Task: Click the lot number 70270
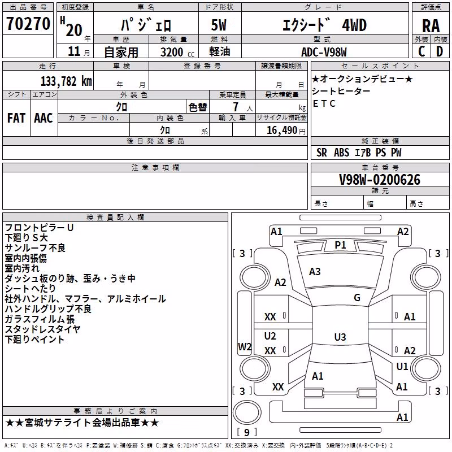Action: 28,24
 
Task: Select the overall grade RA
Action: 431,26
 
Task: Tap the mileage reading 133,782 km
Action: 66,81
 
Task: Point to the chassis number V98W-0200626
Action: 380,180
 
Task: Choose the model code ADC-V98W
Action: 324,52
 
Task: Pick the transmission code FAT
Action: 16,118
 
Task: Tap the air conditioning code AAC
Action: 44,118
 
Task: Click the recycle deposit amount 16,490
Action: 281,131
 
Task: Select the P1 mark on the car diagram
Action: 340,245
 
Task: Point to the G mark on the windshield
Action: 357,297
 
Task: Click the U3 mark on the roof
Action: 340,337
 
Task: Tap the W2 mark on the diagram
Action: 245,346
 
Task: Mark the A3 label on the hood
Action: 315,272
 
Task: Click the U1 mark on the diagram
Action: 402,366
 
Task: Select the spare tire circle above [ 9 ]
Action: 247,412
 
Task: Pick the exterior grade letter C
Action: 421,51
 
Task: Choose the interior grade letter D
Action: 440,51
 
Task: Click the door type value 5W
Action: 219,25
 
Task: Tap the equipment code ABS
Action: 342,153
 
